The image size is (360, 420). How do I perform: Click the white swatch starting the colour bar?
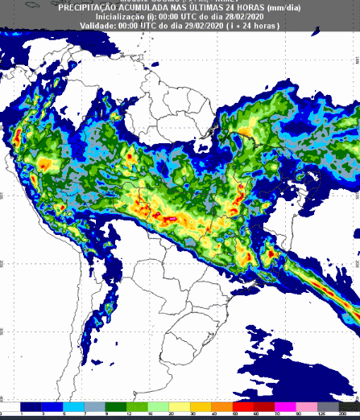click(11, 406)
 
